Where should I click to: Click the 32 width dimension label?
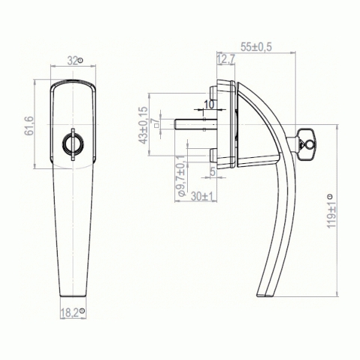click(x=73, y=61)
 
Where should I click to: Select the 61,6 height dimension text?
click(x=29, y=126)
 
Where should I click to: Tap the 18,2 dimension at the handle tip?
click(x=70, y=313)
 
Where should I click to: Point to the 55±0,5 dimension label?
click(x=256, y=47)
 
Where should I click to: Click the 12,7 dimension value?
click(x=226, y=60)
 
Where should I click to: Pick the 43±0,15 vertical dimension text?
click(x=143, y=126)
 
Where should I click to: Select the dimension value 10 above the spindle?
click(x=209, y=105)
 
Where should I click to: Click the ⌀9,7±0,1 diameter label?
click(x=181, y=176)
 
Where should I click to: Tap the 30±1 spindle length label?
click(x=203, y=197)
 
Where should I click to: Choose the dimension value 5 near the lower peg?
click(x=213, y=171)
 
